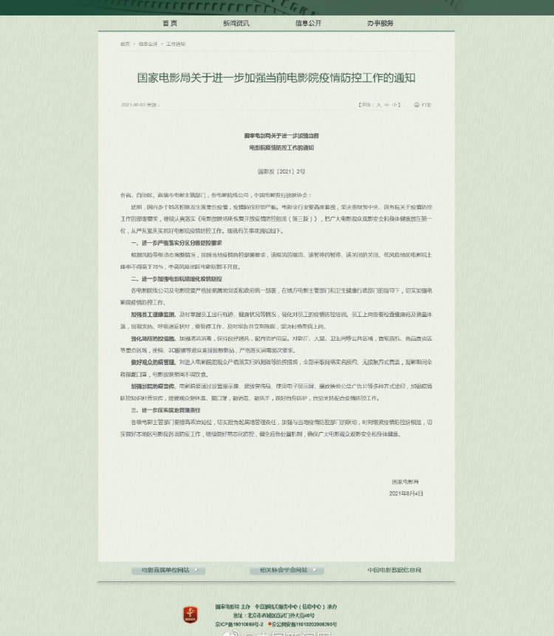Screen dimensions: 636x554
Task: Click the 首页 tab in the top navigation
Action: [170, 24]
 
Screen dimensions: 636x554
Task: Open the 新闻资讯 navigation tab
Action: [236, 24]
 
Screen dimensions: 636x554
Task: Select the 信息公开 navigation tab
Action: [308, 24]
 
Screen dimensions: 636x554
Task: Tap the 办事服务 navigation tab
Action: [380, 24]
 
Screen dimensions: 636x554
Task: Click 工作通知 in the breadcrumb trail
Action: [176, 44]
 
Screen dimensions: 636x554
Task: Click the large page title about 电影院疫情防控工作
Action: [276, 78]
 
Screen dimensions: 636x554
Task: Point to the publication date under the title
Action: [140, 105]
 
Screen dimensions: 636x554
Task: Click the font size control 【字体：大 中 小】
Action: [378, 105]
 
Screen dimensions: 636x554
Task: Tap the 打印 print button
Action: [423, 105]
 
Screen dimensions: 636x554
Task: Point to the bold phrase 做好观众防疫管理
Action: [153, 362]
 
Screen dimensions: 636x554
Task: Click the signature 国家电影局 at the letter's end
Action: [406, 482]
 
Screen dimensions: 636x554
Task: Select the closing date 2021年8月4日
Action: [406, 493]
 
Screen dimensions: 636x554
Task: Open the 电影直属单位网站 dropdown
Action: [168, 570]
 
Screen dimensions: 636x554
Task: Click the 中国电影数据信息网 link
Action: [394, 570]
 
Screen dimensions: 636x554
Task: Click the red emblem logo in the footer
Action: [191, 614]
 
